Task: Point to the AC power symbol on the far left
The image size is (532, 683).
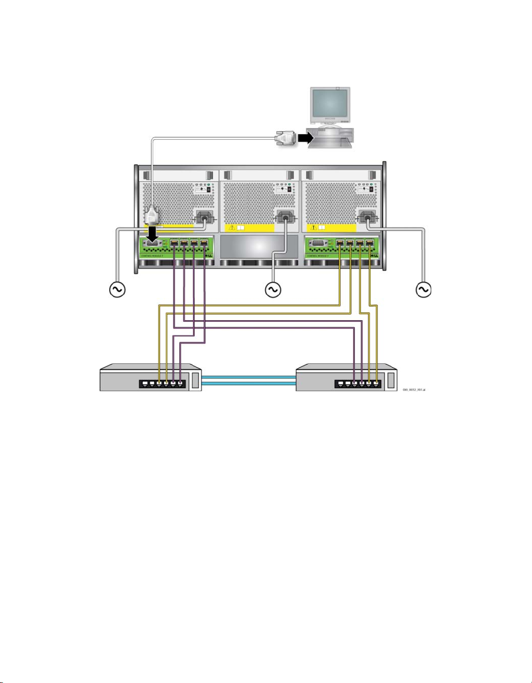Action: point(117,290)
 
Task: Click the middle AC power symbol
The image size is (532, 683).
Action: point(273,290)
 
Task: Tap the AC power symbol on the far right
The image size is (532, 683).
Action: point(423,290)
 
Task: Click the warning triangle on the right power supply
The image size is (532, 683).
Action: point(314,228)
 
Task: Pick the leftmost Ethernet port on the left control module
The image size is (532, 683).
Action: point(175,243)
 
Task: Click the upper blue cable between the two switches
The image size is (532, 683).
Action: point(248,377)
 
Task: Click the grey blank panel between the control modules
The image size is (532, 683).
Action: point(258,247)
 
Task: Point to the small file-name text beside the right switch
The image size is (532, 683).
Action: point(414,390)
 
